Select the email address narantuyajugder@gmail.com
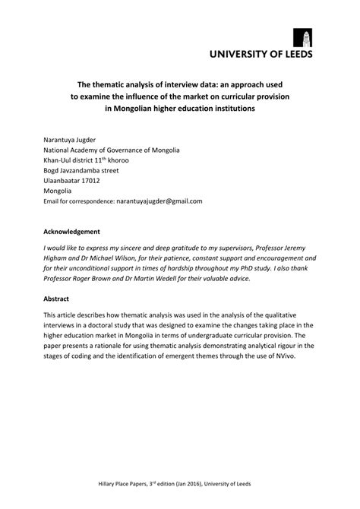pos(159,201)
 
